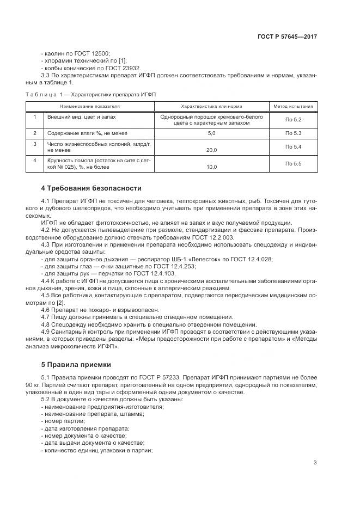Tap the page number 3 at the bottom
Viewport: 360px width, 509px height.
coord(315,463)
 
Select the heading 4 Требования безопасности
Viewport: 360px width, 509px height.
coord(91,188)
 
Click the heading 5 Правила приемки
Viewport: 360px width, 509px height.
coord(78,364)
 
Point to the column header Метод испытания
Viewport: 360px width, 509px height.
coord(293,107)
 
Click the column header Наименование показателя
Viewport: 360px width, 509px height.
coord(90,107)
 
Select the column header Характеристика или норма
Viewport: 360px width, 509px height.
coord(212,107)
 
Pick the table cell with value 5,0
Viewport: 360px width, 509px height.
coord(212,133)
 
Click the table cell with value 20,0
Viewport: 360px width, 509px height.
coord(212,150)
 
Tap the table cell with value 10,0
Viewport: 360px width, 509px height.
coord(212,167)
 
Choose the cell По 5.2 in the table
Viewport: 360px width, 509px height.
coord(293,119)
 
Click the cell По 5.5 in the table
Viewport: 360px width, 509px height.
coord(293,163)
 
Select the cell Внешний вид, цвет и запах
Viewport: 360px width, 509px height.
coord(82,116)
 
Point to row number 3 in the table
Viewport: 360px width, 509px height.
coord(34,144)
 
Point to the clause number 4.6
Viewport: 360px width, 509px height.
coord(46,309)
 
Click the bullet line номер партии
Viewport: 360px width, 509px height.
coord(64,421)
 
